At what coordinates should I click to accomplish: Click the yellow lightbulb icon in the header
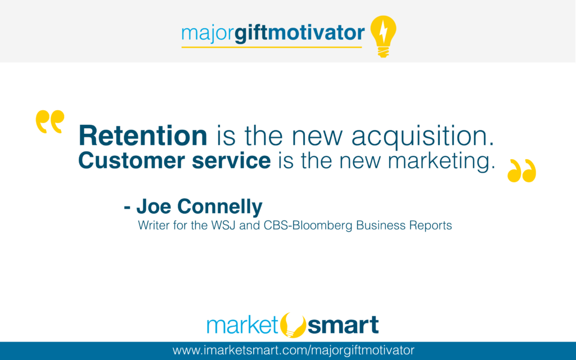383,36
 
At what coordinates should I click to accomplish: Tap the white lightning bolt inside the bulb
383,31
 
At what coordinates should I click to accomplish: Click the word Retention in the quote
143,136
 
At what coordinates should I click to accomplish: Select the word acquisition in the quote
423,136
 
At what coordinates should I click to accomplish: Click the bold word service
231,160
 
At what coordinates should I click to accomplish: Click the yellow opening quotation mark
50,121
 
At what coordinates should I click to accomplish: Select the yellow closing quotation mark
521,170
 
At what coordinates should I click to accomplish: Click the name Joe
154,206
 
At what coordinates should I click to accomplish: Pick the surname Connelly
220,207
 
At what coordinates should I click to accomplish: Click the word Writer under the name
154,225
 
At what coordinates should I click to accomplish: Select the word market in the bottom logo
243,325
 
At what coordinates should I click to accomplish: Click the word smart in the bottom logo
343,325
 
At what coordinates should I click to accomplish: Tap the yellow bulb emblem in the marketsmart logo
292,325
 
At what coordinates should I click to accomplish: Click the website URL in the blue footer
294,350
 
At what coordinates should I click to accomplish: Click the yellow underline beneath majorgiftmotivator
272,47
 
